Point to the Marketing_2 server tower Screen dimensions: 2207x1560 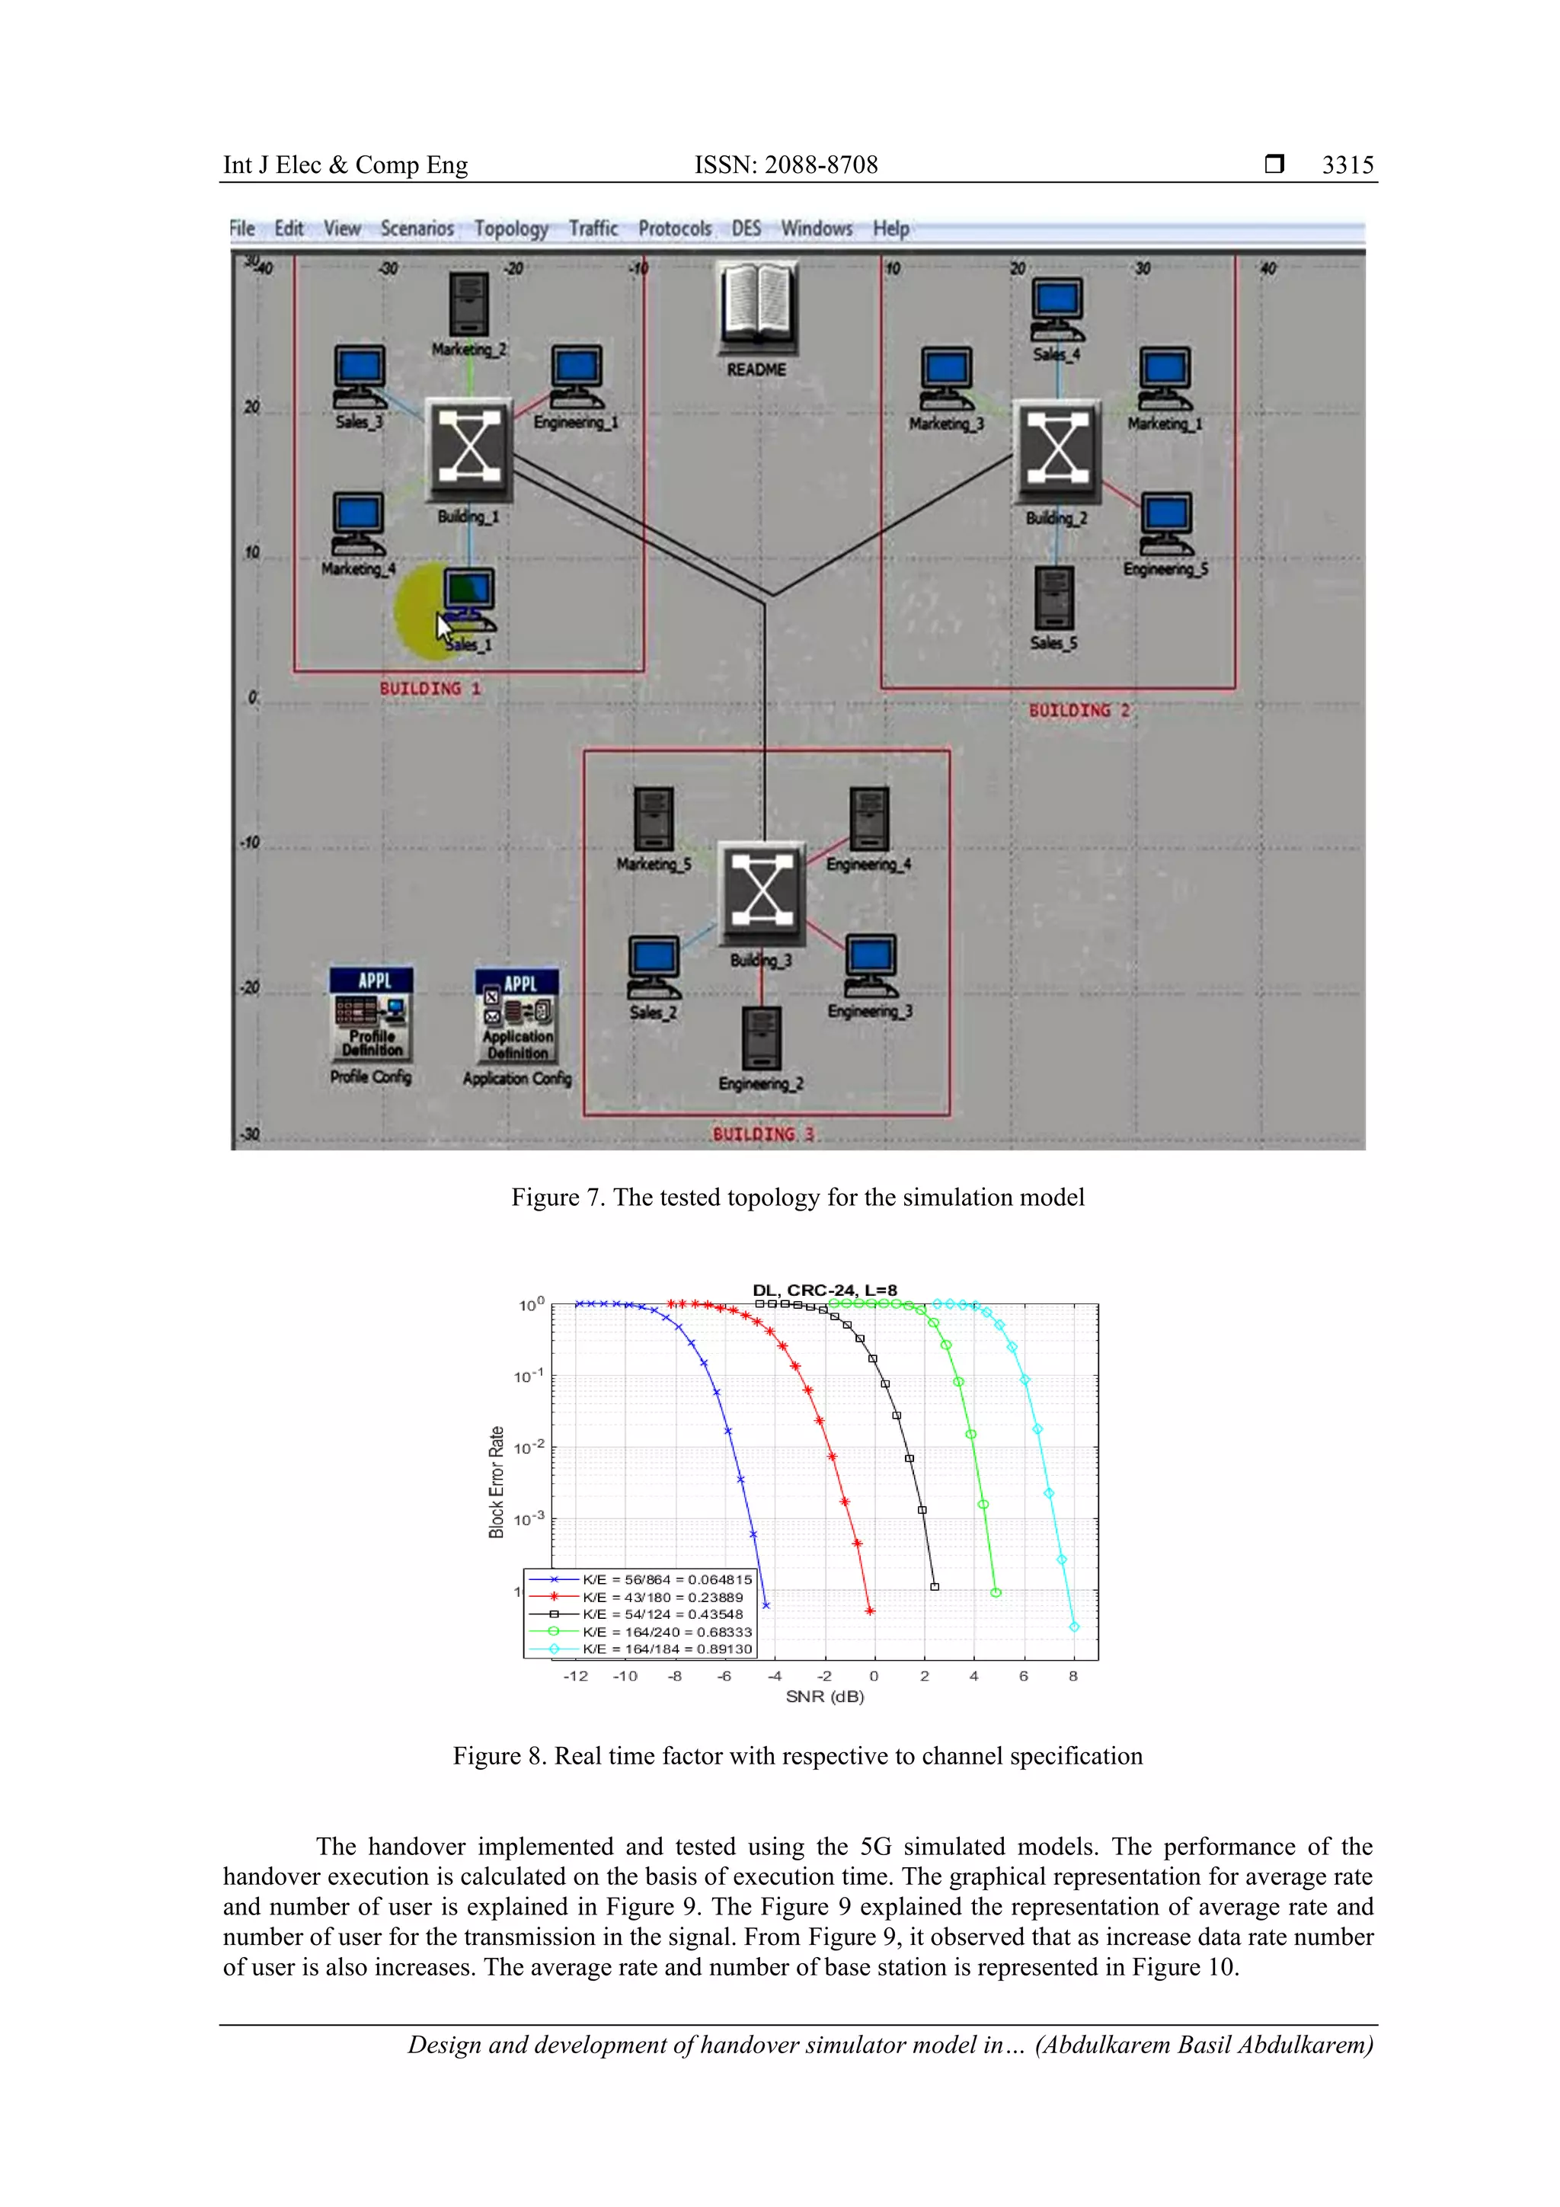point(468,304)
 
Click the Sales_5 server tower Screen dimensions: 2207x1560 point(1054,598)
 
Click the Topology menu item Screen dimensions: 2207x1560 point(510,229)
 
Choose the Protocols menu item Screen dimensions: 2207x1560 point(675,229)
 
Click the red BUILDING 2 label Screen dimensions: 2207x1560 point(1079,710)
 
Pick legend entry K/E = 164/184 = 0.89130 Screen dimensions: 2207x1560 point(666,1649)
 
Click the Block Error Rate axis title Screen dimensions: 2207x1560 point(496,1483)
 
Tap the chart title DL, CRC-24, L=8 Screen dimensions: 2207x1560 point(825,1290)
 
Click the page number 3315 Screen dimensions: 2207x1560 point(1347,165)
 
